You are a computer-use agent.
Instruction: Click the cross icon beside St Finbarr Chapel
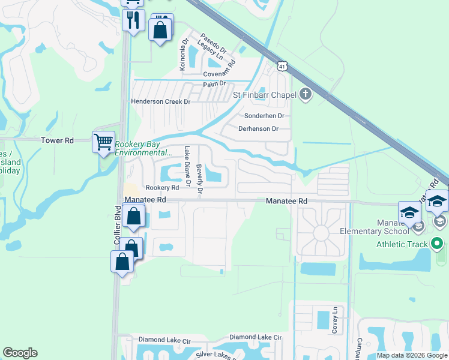click(x=306, y=94)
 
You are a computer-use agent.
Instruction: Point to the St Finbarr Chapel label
click(x=265, y=94)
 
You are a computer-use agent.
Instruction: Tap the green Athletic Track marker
click(x=437, y=244)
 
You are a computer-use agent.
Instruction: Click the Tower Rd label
click(x=57, y=140)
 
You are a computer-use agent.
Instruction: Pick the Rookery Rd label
click(x=162, y=188)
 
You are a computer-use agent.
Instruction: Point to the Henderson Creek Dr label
click(x=160, y=102)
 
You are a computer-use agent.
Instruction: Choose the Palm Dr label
click(x=214, y=84)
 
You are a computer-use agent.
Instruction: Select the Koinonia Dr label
click(x=184, y=56)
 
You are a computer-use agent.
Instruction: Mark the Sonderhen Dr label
click(x=264, y=116)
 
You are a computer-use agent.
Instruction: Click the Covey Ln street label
click(x=335, y=322)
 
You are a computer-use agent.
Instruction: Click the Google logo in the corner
click(x=20, y=353)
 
